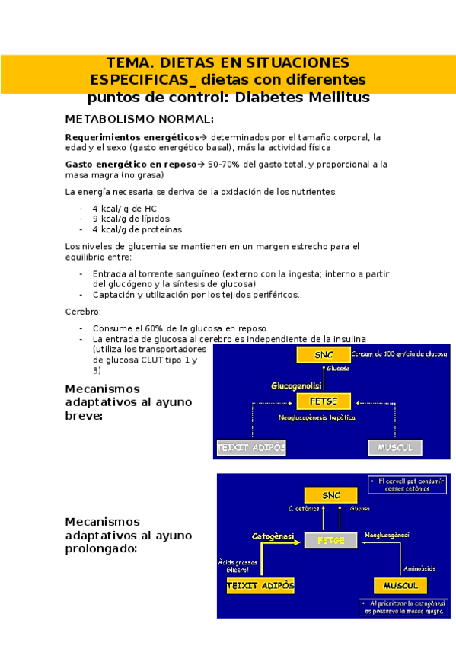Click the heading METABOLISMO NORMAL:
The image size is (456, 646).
click(140, 119)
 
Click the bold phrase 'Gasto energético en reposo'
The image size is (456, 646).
click(131, 164)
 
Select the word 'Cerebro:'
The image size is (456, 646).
click(83, 312)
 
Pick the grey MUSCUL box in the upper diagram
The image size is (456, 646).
click(394, 447)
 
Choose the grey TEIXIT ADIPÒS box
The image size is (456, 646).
click(251, 447)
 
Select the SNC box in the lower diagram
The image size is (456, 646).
click(331, 494)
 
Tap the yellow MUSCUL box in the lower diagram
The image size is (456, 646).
click(400, 585)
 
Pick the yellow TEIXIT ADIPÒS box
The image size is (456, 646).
click(260, 585)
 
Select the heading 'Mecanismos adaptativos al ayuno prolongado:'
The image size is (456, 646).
click(128, 534)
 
